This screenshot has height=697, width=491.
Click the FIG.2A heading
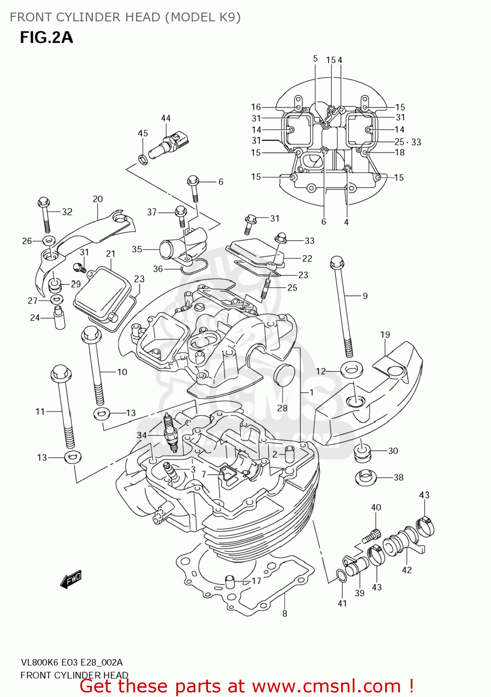[x=46, y=37]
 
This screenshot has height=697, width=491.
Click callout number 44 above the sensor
[x=166, y=118]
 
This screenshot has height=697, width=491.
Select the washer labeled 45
[x=143, y=159]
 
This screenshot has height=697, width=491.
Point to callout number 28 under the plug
[x=282, y=408]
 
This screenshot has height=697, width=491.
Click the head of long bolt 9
[x=336, y=263]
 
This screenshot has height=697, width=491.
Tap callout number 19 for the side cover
[x=385, y=335]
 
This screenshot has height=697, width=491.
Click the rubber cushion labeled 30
[x=362, y=452]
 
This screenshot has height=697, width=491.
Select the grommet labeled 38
[x=365, y=477]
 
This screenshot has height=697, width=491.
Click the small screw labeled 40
[x=371, y=536]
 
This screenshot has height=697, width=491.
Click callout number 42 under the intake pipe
[x=407, y=570]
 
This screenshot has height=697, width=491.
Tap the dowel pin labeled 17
[x=229, y=581]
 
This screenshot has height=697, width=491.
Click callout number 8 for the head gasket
[x=284, y=613]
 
